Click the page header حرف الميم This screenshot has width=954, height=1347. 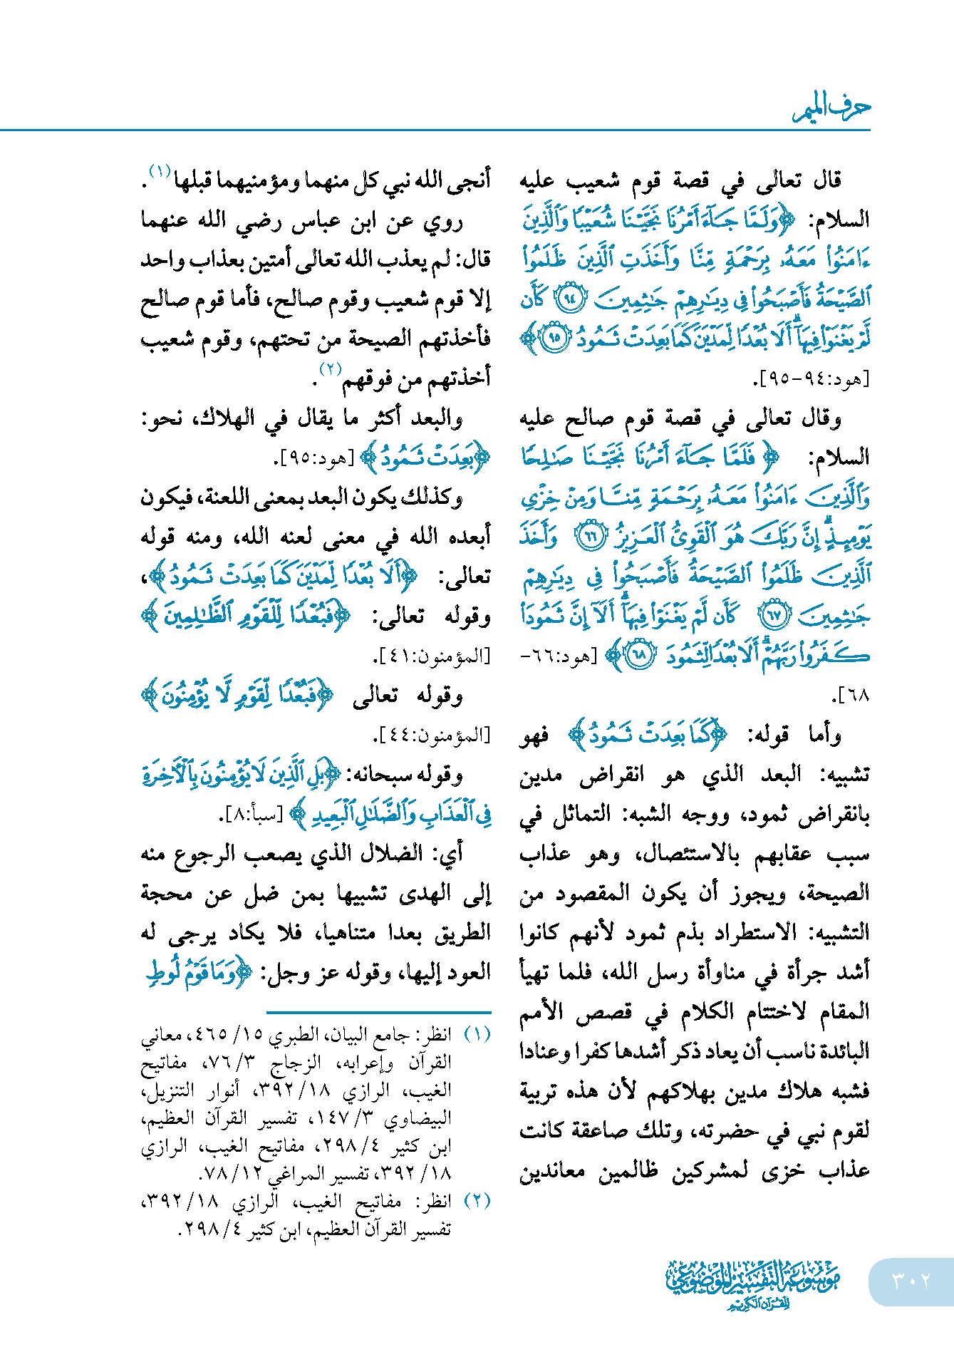click(x=831, y=108)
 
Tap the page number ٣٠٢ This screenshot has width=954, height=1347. click(x=911, y=1281)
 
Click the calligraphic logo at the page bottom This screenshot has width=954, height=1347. click(x=752, y=1284)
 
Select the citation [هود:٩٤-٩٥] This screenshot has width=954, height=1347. click(x=813, y=379)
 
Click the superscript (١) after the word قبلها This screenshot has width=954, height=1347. click(x=159, y=171)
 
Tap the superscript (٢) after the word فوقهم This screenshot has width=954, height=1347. click(x=331, y=369)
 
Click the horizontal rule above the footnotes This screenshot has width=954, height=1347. click(x=378, y=1012)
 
